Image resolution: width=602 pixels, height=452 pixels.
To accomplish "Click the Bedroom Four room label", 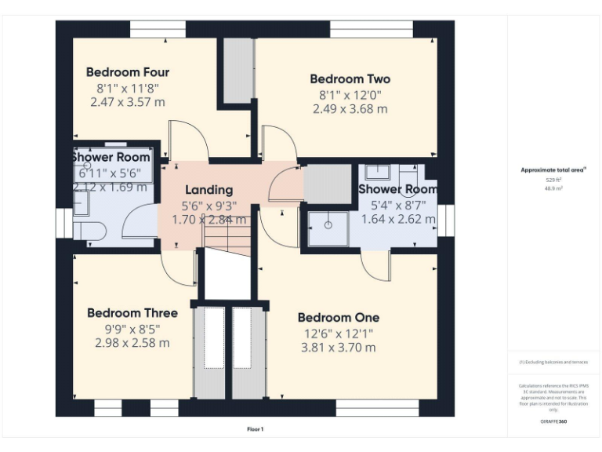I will [127, 72].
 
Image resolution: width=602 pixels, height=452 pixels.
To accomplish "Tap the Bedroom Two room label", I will [350, 79].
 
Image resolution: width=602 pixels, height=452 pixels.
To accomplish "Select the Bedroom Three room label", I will [132, 313].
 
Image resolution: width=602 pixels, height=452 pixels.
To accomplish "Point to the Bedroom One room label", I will [338, 318].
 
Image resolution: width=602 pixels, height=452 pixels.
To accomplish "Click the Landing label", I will [209, 190].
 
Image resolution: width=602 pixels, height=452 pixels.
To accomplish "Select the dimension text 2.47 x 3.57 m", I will [127, 102].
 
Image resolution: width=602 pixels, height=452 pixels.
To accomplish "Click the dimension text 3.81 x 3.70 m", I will [338, 348].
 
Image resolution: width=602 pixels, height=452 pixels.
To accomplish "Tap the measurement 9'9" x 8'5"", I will [132, 329].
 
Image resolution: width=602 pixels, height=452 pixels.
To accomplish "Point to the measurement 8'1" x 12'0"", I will [350, 95].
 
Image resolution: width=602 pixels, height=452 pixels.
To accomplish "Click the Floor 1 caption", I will [256, 429].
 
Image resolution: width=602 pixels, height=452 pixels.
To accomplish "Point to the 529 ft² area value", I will [554, 180].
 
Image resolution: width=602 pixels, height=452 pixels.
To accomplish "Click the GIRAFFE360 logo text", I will [554, 421].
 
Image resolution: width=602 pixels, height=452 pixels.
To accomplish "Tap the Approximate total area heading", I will [553, 169].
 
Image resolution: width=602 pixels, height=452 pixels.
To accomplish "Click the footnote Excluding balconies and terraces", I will [553, 362].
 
